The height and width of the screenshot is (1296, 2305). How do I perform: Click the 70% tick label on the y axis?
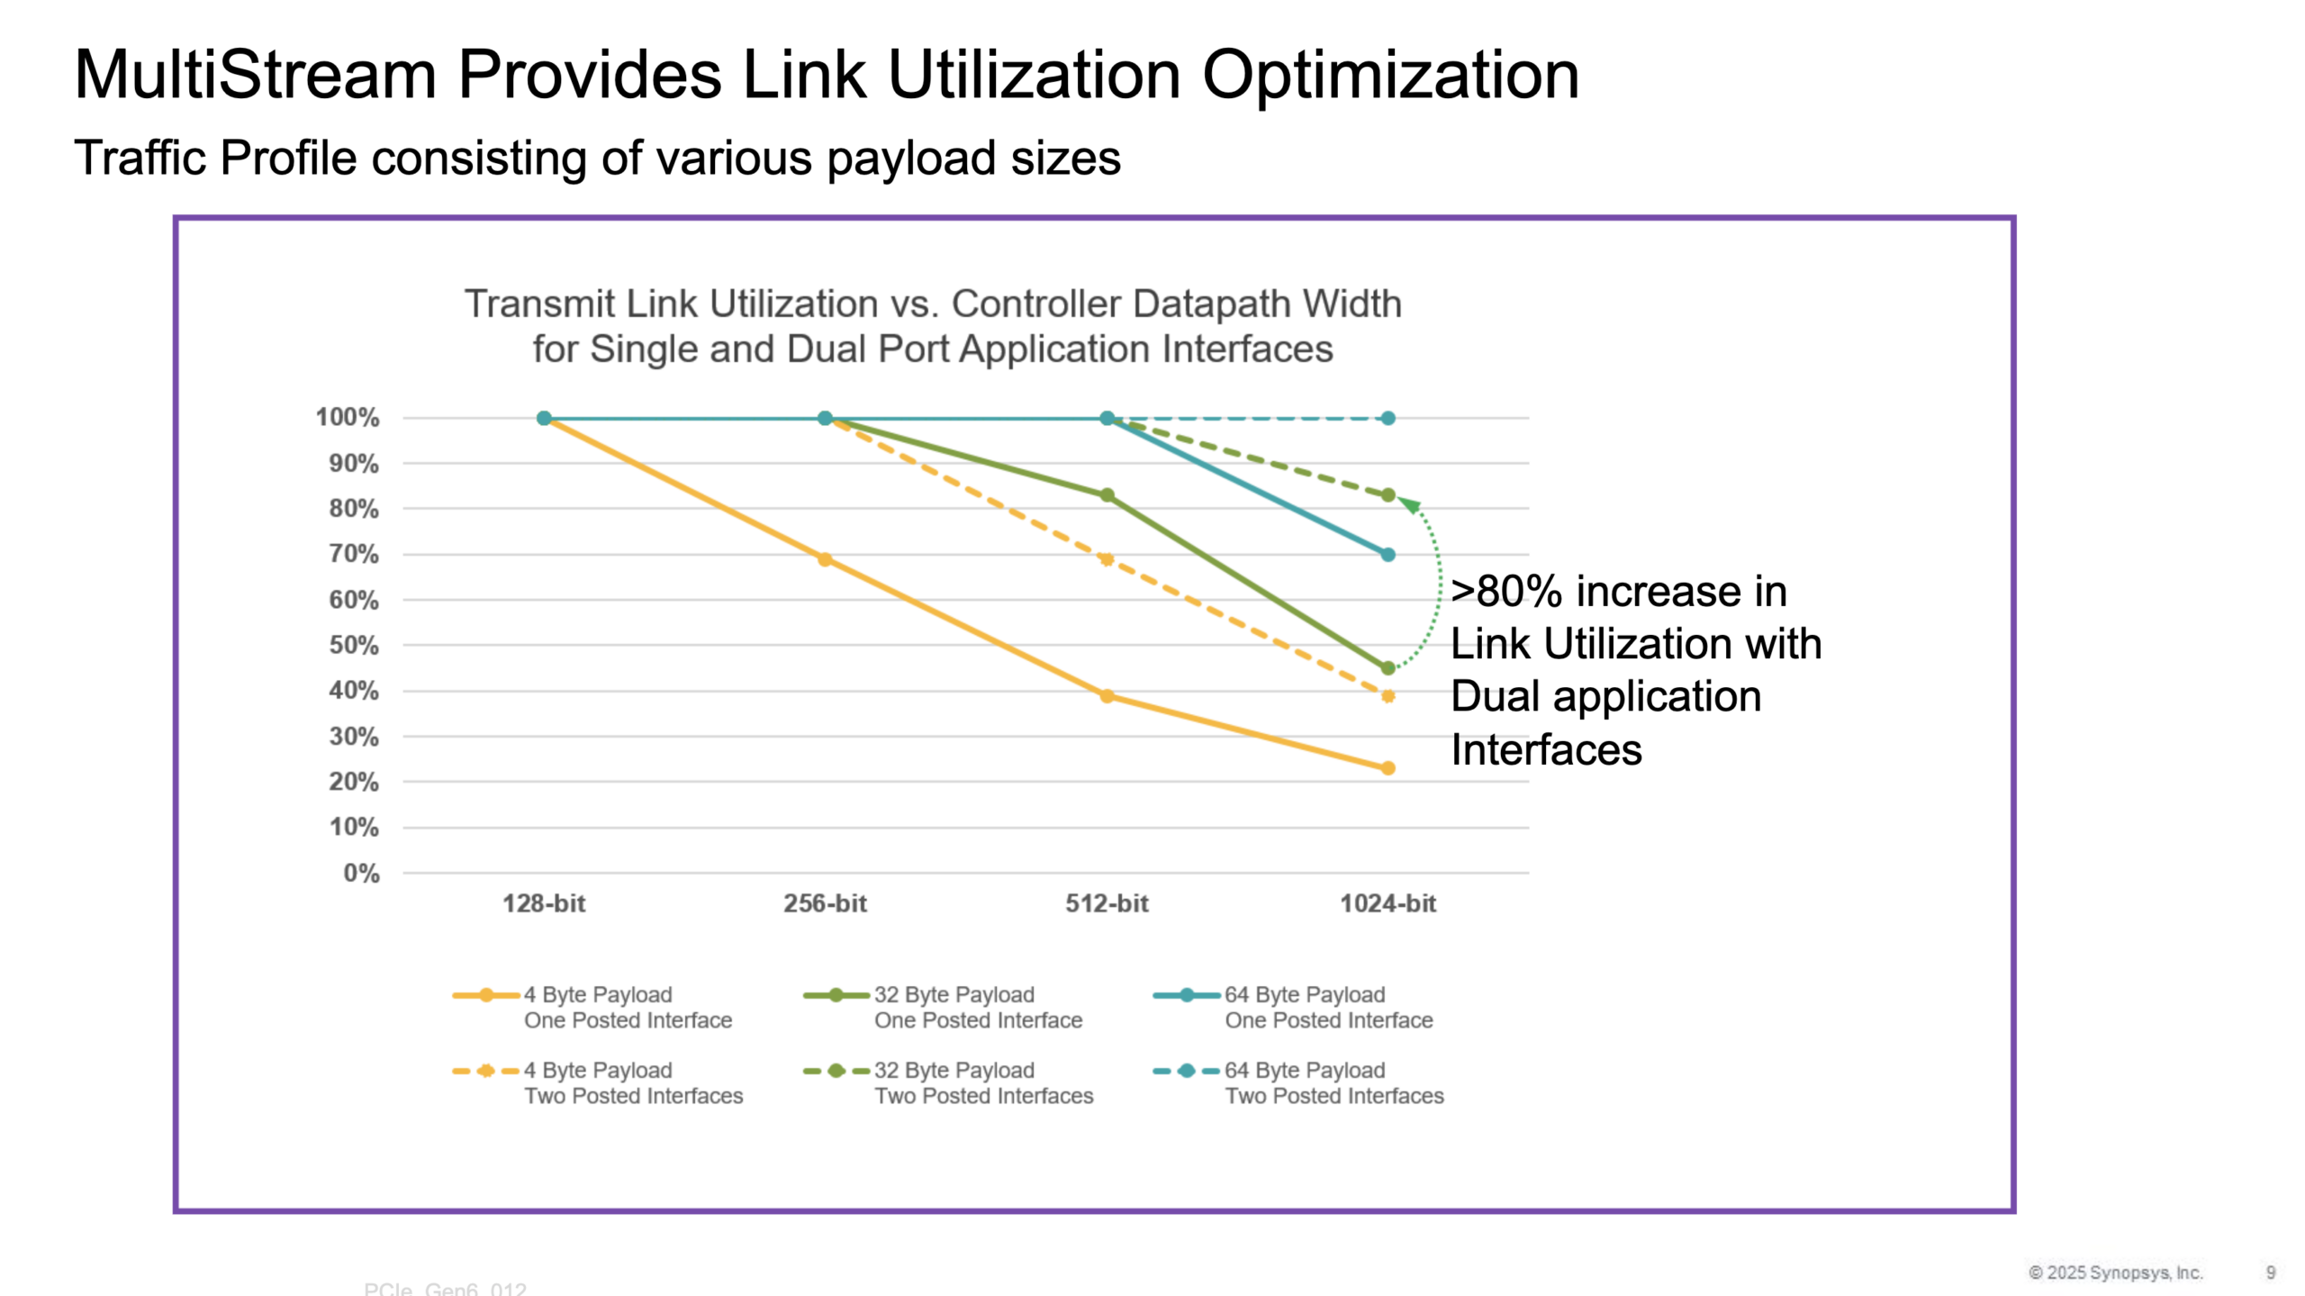353,554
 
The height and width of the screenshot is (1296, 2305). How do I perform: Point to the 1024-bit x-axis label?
1388,903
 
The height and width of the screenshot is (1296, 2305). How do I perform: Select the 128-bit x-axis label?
544,903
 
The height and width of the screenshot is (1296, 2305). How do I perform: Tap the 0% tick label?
361,873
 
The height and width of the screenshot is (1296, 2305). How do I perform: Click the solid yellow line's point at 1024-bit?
1388,768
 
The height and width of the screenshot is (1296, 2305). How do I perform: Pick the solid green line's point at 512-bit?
1107,495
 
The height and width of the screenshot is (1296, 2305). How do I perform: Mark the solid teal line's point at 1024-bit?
1388,555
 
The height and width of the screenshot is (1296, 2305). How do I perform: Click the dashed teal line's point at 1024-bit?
1388,418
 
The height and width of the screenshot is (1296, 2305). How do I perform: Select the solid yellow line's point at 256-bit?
825,559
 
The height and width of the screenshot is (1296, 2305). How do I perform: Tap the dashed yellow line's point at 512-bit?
1107,559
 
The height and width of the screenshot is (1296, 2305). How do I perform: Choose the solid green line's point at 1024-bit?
1388,668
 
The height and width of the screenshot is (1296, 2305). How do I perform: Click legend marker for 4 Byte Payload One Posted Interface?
486,995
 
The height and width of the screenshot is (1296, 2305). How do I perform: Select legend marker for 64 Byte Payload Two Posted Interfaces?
1187,1071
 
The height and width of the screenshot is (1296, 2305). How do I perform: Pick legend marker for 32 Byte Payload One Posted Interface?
836,995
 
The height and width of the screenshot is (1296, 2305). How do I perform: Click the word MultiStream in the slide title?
255,74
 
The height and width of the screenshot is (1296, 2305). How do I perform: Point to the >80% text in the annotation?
1505,592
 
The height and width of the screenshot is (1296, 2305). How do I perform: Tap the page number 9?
2271,1273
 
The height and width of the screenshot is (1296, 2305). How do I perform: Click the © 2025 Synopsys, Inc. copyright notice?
2115,1273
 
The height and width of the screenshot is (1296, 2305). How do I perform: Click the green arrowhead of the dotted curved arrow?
1410,505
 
